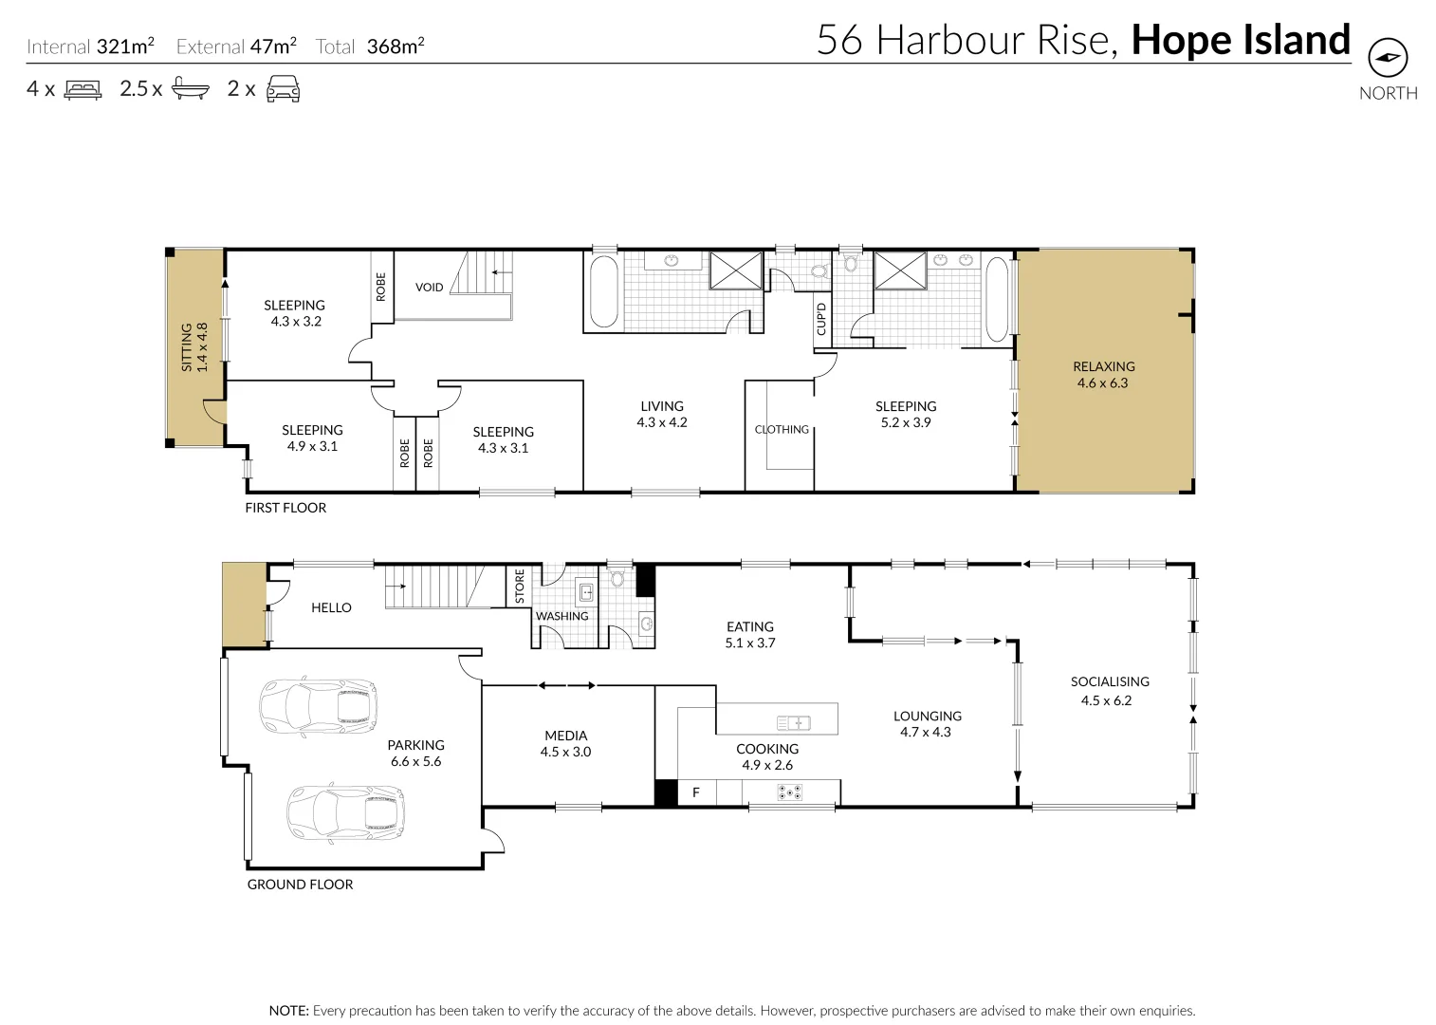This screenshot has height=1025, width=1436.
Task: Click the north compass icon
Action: click(1388, 59)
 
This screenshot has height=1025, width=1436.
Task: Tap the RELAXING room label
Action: click(1103, 366)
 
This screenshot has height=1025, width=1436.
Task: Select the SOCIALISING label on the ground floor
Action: click(1109, 681)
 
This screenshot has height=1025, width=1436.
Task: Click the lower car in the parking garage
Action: click(345, 812)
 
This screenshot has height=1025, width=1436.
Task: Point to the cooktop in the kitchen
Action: click(789, 792)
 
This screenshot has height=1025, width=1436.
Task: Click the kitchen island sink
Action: click(794, 723)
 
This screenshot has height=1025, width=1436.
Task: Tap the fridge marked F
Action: click(695, 792)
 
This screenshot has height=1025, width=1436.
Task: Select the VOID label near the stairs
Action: click(429, 287)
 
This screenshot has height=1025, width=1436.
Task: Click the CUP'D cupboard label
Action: click(821, 319)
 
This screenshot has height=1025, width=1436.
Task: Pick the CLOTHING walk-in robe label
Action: click(782, 429)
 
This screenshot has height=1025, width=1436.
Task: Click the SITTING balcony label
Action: click(187, 346)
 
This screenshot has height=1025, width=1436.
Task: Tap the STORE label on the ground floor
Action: click(519, 586)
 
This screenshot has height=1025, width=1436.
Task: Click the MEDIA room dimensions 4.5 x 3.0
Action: click(565, 752)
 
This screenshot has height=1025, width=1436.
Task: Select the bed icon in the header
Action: click(83, 90)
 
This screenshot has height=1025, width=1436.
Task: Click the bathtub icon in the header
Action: click(190, 90)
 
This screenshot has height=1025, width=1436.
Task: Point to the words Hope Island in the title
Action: click(1240, 40)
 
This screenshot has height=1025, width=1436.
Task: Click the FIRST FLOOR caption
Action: click(285, 508)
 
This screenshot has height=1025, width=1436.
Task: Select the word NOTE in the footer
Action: click(288, 1011)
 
